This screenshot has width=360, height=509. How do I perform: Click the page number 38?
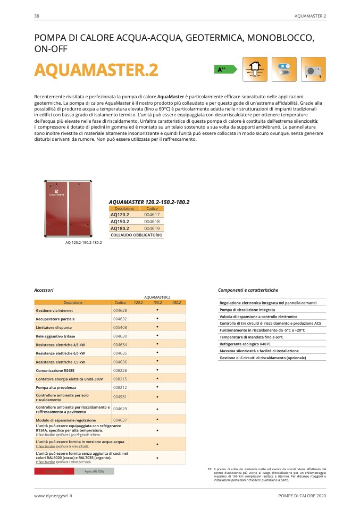pyautogui.click(x=36, y=16)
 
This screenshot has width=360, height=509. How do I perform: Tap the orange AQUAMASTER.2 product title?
pyautogui.click(x=96, y=70)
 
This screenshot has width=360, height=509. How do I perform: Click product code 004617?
pyautogui.click(x=152, y=215)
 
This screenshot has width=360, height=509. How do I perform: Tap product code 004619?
pyautogui.click(x=152, y=228)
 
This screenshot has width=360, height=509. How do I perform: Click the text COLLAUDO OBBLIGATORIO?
pyautogui.click(x=136, y=234)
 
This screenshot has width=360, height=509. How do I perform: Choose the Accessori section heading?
pyautogui.click(x=44, y=290)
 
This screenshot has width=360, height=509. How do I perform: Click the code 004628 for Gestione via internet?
pyautogui.click(x=120, y=310)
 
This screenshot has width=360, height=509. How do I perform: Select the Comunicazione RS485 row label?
pyautogui.click(x=55, y=370)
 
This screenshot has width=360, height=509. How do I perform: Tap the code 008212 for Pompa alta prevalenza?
pyautogui.click(x=120, y=387)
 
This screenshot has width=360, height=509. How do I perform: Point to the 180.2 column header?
pyautogui.click(x=177, y=302)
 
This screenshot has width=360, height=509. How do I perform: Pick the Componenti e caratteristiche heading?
pyautogui.click(x=248, y=290)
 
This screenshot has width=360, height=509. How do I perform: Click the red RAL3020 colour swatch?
pyautogui.click(x=53, y=471)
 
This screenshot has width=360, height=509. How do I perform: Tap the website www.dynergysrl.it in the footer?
pyautogui.click(x=53, y=495)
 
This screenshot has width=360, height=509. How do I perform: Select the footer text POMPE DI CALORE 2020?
pyautogui.click(x=302, y=495)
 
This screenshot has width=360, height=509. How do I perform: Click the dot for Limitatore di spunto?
pyautogui.click(x=157, y=327)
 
